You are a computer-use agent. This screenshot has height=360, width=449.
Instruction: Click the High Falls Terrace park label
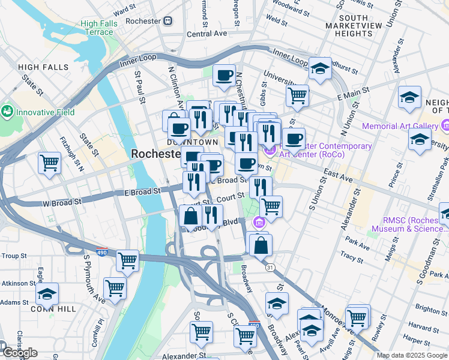[96, 28]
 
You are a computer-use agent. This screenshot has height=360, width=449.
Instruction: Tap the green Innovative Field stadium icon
[8, 112]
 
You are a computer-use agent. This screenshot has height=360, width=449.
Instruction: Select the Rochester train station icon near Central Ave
[168, 21]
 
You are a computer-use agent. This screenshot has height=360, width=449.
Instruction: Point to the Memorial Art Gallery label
[400, 127]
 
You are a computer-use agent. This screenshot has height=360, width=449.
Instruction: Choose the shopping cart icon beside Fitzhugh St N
[49, 162]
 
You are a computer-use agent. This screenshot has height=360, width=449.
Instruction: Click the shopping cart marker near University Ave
[297, 95]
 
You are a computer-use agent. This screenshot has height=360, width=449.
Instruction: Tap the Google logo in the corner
[19, 352]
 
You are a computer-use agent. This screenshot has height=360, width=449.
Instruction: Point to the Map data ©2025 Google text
[412, 355]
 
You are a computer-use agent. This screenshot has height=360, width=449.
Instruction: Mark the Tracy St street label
[352, 254]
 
